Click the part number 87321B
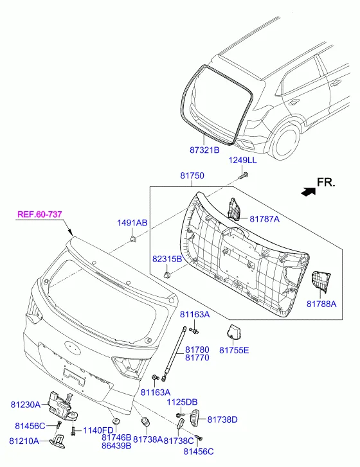pos(204,150)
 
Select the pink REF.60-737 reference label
pos(40,214)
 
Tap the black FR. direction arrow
pos(308,191)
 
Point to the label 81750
pos(192,175)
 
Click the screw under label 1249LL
pos(244,175)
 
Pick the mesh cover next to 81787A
pos(234,209)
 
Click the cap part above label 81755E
pos(233,332)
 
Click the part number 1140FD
pos(98,430)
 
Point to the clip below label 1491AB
pos(132,238)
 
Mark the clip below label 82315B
pos(168,274)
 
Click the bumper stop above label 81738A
pos(145,422)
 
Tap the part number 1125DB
pos(182,401)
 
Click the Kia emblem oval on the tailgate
pos(72,347)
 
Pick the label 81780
pos(197,349)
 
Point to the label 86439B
pos(116,446)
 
